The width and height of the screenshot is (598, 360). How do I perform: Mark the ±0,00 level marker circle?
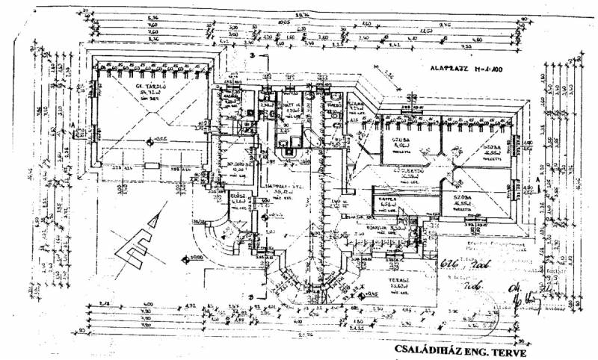187,258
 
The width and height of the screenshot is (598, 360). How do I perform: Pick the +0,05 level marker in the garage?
152,139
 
